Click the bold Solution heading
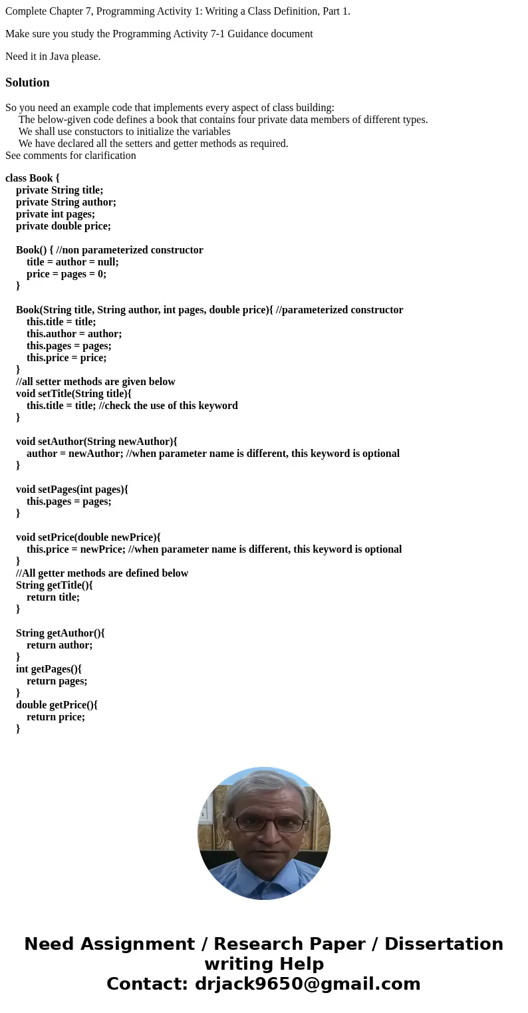pyautogui.click(x=27, y=82)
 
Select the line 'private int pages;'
pyautogui.click(x=55, y=214)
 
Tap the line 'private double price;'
pyautogui.click(x=63, y=226)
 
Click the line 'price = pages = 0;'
pyautogui.click(x=66, y=274)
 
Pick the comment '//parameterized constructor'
pyautogui.click(x=339, y=310)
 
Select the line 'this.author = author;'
pyautogui.click(x=74, y=334)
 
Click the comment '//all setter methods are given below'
pyautogui.click(x=96, y=382)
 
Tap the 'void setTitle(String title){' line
pyautogui.click(x=74, y=394)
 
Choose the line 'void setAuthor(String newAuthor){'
pyautogui.click(x=96, y=442)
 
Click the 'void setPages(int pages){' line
pyautogui.click(x=72, y=490)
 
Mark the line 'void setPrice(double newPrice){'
pyautogui.click(x=88, y=537)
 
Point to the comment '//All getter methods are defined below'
pyautogui.click(x=102, y=573)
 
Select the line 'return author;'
pyautogui.click(x=60, y=645)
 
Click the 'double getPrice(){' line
pyautogui.click(x=57, y=705)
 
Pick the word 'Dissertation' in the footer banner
pyautogui.click(x=444, y=944)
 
